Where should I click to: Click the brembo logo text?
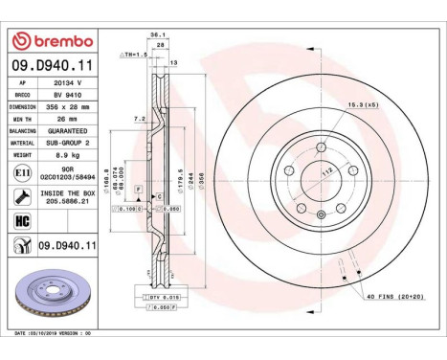tap(57, 40)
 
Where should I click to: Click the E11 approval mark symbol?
tap(21, 172)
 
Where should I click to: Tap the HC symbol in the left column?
tap(21, 220)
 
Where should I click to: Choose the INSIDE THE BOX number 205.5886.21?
tap(68, 202)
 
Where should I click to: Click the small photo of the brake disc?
tap(54, 297)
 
